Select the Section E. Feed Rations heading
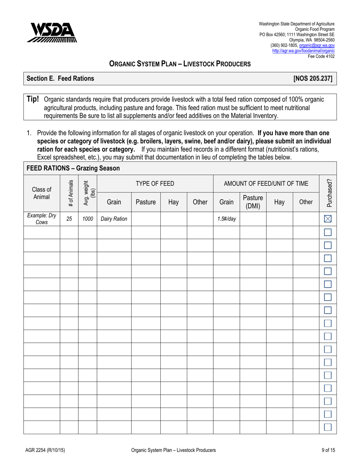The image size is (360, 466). pyautogui.click(x=59, y=79)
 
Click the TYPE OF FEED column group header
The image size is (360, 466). pyautogui.click(x=155, y=184)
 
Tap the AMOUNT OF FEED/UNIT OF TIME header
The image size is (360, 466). pyautogui.click(x=266, y=184)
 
